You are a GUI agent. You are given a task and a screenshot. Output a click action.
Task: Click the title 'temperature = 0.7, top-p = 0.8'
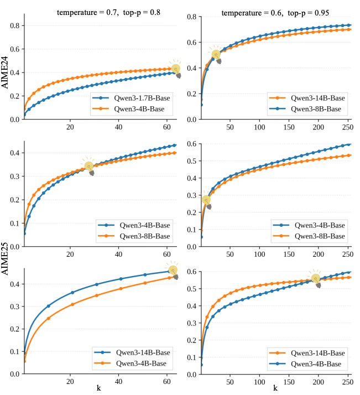pos(108,12)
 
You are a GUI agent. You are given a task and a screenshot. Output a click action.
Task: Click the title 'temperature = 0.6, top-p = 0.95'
pos(275,13)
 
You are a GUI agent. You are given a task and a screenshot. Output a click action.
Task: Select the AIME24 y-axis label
pos(5,72)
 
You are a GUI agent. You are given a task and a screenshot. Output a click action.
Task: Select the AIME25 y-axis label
pos(5,258)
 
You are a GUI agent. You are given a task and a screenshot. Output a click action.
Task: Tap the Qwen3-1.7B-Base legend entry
pos(132,98)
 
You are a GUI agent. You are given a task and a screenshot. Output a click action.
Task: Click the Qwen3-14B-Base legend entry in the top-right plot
pos(307,98)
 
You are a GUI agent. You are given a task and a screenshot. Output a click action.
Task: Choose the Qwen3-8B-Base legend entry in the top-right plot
pos(305,109)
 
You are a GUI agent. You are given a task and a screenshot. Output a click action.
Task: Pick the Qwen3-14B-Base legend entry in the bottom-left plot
pos(132,352)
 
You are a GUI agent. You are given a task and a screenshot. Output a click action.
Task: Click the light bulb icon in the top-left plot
pos(176,69)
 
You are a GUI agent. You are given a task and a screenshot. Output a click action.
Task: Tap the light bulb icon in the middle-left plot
pos(88,167)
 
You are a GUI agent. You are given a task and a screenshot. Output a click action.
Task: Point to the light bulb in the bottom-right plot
pos(316,279)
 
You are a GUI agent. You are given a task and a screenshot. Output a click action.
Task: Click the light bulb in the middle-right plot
pos(206,200)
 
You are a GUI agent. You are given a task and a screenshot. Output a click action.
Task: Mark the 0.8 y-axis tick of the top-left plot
pos(14,25)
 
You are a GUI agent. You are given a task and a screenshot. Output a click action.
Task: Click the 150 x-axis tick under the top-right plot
pos(289,127)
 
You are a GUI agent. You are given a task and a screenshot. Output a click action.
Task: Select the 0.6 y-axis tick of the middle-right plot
pos(191,144)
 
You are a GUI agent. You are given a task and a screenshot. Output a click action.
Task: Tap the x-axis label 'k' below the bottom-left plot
pos(98,388)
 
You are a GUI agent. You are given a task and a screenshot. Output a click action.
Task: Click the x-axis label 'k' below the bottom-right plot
pos(275,388)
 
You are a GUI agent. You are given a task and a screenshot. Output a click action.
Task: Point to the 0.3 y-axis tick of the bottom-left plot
pos(14,306)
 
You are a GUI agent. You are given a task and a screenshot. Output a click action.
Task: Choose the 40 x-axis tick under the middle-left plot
pos(118,254)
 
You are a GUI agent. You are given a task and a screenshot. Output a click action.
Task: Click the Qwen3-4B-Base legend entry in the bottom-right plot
pos(305,364)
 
